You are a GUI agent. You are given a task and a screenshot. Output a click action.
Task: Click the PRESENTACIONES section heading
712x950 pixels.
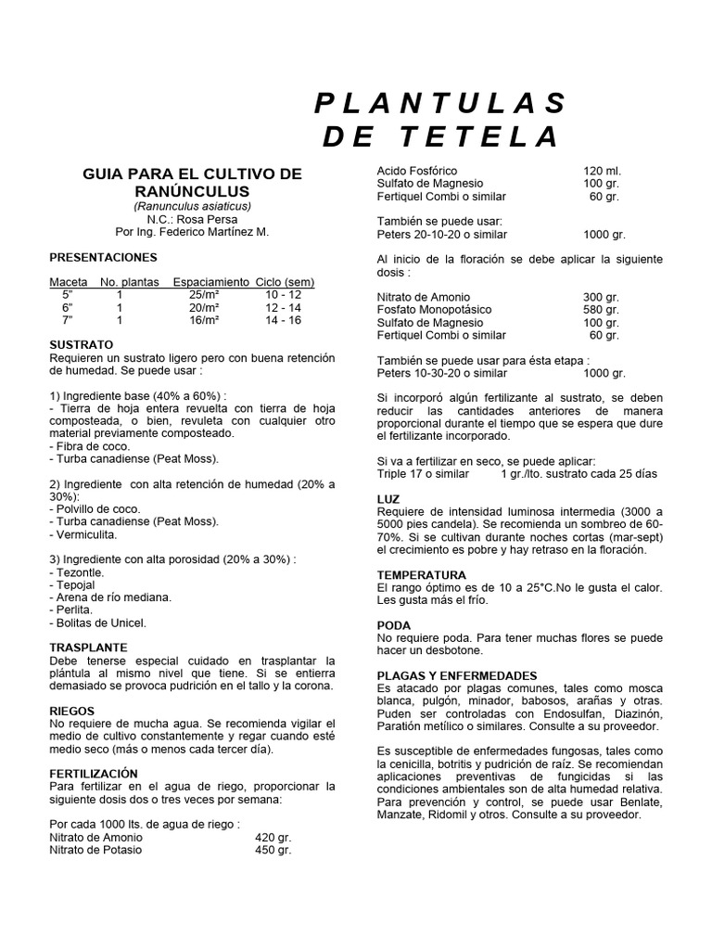pyautogui.click(x=103, y=257)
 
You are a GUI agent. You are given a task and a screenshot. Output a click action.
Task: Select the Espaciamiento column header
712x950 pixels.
pyautogui.click(x=211, y=281)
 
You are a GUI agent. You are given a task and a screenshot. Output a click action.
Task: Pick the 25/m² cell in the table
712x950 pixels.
pyautogui.click(x=203, y=294)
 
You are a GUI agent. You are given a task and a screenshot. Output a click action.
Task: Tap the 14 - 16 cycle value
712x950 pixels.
pyautogui.click(x=283, y=320)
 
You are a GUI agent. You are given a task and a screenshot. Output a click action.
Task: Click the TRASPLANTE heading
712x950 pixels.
pyautogui.click(x=88, y=647)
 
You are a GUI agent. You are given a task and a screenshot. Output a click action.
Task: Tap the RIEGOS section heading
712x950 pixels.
pyautogui.click(x=72, y=711)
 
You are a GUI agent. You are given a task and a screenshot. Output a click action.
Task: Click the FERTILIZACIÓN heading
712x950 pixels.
pyautogui.click(x=93, y=773)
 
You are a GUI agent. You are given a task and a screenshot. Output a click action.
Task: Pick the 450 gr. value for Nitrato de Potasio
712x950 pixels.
pyautogui.click(x=273, y=849)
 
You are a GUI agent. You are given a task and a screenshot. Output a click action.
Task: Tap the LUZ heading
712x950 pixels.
pyautogui.click(x=388, y=499)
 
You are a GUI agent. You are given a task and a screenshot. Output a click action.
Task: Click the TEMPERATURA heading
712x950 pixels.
pyautogui.click(x=421, y=575)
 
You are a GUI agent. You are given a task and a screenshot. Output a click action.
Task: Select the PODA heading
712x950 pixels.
pyautogui.click(x=393, y=625)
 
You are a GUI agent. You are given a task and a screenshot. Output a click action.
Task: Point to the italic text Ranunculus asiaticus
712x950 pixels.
pyautogui.click(x=192, y=205)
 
